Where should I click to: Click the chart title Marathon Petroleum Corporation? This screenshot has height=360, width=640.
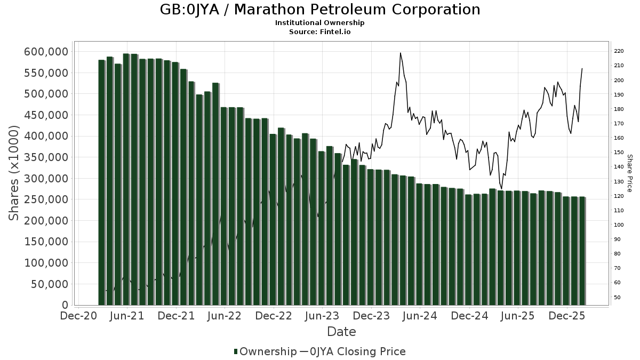click(319, 10)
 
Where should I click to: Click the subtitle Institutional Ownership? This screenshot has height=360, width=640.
click(319, 23)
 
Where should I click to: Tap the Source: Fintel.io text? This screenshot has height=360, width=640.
click(319, 31)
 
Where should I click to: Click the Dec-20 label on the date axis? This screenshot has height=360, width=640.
click(78, 316)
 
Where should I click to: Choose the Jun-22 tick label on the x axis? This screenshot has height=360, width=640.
click(225, 316)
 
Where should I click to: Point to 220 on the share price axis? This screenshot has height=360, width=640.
click(619, 51)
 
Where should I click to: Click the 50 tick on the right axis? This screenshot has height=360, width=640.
click(617, 297)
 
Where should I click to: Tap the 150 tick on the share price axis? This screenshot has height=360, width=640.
click(619, 153)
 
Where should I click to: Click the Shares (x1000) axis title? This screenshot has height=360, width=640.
click(14, 173)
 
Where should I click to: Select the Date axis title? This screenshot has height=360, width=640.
click(341, 332)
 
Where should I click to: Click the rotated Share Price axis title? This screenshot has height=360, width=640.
click(629, 173)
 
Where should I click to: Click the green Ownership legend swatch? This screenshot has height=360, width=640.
click(236, 351)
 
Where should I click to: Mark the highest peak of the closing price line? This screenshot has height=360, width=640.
click(400, 53)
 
